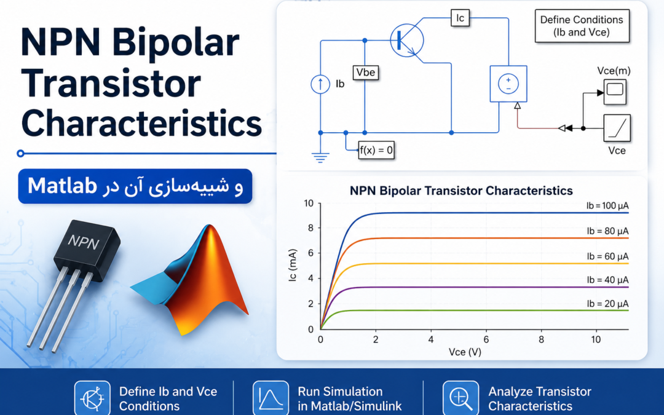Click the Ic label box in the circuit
point(460,18)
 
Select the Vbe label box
point(365,73)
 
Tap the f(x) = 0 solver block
point(376,150)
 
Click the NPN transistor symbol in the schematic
point(407,41)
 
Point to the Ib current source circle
point(320,84)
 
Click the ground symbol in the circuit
point(320,157)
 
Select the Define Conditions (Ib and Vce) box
point(582,26)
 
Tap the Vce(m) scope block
point(614,91)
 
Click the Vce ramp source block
point(617,128)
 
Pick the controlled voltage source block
point(508,84)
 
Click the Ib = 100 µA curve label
point(607,206)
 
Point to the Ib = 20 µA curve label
point(607,304)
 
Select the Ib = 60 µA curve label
point(607,256)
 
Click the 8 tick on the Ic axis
point(311,228)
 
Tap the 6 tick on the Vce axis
point(486,339)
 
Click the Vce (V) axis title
point(465,352)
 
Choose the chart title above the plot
point(461,191)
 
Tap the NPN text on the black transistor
point(84,242)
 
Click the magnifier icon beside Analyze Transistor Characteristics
point(460,398)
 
